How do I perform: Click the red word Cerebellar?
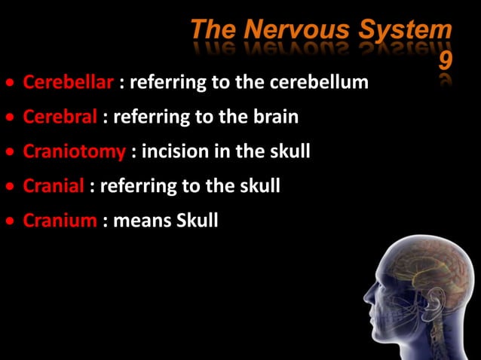(69, 82)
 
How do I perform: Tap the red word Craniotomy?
(74, 151)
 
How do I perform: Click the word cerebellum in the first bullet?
(326, 82)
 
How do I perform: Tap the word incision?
(176, 151)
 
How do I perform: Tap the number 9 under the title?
(445, 59)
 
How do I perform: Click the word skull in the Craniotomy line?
(289, 151)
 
